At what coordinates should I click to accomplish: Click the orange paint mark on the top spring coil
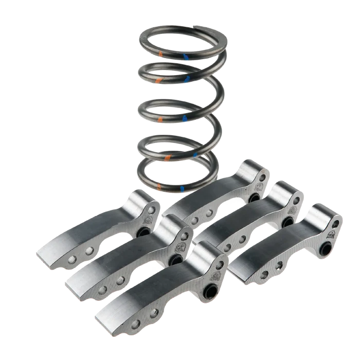[160, 53]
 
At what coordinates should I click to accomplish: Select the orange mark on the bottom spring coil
[161, 185]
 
